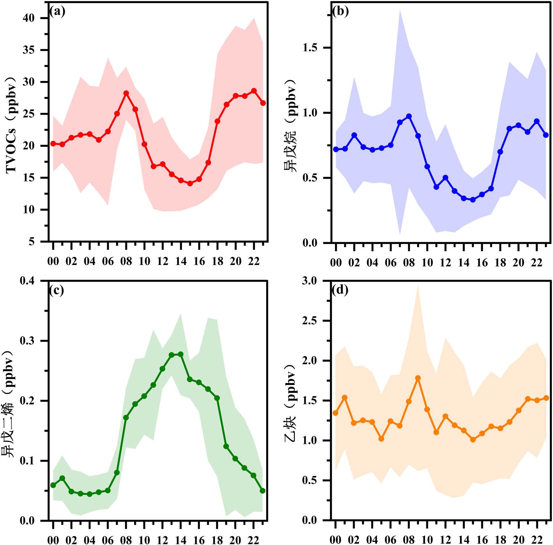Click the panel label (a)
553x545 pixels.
[58, 12]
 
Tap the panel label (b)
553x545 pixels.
[340, 12]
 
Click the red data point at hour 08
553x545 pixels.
[126, 93]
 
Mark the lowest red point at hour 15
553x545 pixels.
[190, 183]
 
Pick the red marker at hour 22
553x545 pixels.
[254, 91]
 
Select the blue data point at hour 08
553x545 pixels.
[409, 116]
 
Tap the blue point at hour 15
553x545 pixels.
[473, 200]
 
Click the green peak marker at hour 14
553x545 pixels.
[181, 354]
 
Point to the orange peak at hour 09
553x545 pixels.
[418, 378]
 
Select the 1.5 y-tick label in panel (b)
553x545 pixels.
[310, 48]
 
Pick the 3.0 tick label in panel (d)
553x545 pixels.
[310, 281]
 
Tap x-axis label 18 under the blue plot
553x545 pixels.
[500, 262]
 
